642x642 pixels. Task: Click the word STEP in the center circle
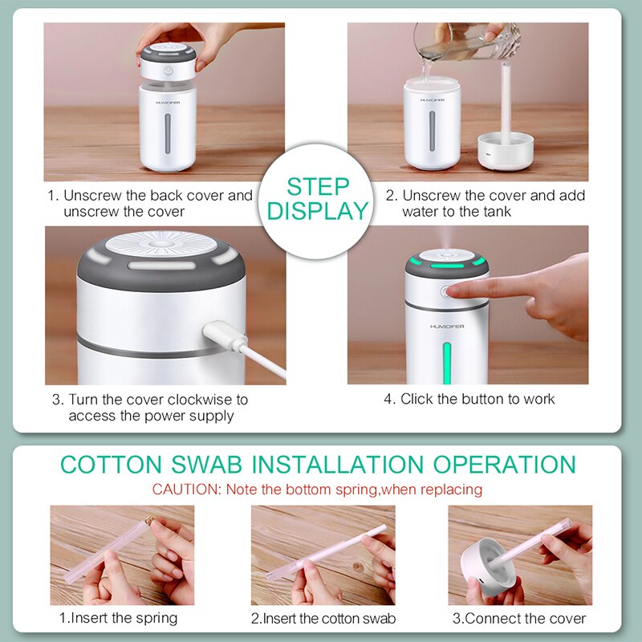point(318,187)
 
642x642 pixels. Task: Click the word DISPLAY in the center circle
point(318,211)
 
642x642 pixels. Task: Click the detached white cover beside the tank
point(506,151)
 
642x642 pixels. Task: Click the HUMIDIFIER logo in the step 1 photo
point(167,102)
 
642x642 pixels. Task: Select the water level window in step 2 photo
point(433,129)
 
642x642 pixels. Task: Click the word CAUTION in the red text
point(187,489)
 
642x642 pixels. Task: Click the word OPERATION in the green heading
point(504,465)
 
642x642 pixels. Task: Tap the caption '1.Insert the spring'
point(117,618)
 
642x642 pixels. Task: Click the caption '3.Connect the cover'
point(518,618)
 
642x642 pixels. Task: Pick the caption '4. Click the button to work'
point(469,398)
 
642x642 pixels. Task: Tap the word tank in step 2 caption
point(495,211)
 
